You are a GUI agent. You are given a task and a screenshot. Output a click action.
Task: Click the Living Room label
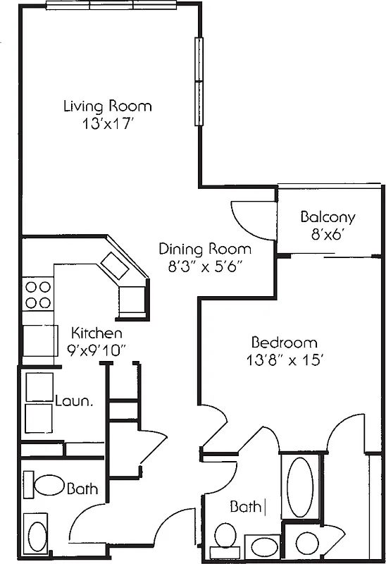pos(107,106)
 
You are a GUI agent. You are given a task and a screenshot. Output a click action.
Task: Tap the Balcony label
pos(328,217)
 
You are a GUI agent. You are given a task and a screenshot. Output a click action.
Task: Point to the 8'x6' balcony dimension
pos(328,234)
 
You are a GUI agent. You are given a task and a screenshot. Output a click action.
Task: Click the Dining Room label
pos(204,249)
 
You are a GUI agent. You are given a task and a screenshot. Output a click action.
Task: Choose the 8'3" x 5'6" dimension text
pos(204,266)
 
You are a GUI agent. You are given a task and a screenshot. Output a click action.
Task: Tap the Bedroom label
pos(285,343)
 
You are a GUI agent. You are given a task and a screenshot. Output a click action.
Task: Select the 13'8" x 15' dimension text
pos(285,360)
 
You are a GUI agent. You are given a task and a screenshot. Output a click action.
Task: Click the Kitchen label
pos(98,333)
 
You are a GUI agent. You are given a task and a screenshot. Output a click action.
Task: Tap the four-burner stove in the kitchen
pos(39,295)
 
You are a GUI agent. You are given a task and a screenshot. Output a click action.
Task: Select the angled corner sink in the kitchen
pos(114,266)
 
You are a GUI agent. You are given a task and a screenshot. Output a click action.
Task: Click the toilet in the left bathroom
pos(49,486)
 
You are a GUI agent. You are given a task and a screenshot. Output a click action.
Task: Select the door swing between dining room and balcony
pos(247,219)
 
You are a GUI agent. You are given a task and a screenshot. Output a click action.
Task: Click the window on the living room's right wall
pos(199,81)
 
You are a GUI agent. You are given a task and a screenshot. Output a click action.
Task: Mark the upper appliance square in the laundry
pos(39,387)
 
